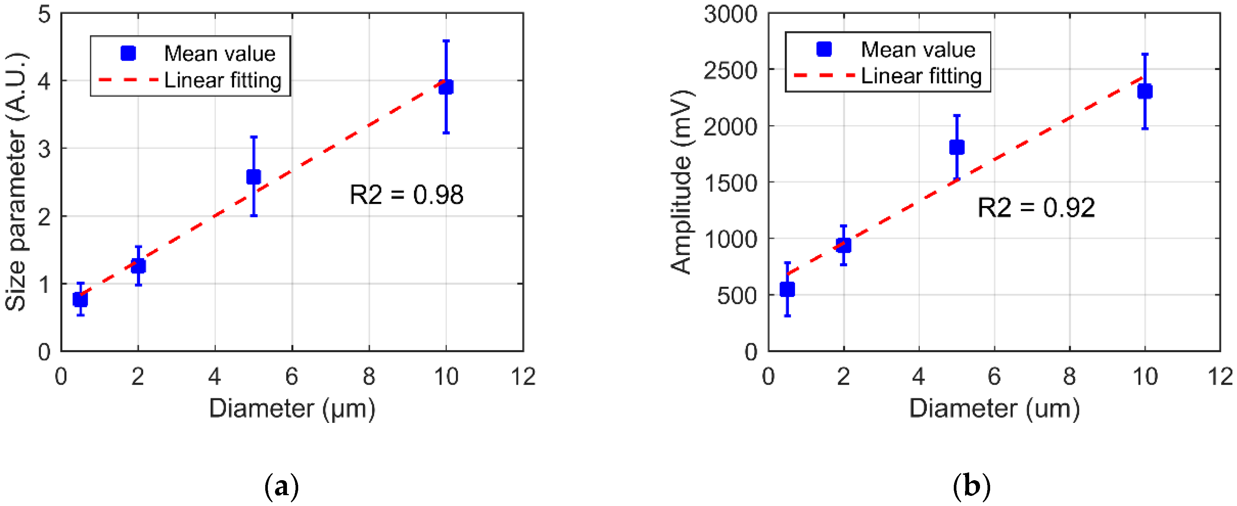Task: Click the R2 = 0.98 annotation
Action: coord(406,195)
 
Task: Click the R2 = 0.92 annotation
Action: coord(1036,208)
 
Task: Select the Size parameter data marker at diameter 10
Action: coord(446,87)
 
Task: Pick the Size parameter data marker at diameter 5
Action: coord(254,177)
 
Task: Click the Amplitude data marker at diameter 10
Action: coord(1145,91)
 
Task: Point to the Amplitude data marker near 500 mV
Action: coord(787,290)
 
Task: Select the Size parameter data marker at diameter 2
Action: coord(138,266)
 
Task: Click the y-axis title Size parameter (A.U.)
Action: coord(17,182)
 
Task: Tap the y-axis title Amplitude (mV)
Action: coord(681,182)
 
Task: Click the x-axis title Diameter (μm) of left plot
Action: coord(292,409)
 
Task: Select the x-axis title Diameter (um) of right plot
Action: coord(994,409)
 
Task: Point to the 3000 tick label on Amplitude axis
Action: coord(730,14)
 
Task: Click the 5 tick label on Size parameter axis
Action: coord(44,14)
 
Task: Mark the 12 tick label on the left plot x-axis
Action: coord(523,377)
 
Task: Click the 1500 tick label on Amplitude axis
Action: coord(730,183)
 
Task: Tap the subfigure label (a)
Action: coord(282,486)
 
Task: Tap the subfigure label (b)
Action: coord(971,486)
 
